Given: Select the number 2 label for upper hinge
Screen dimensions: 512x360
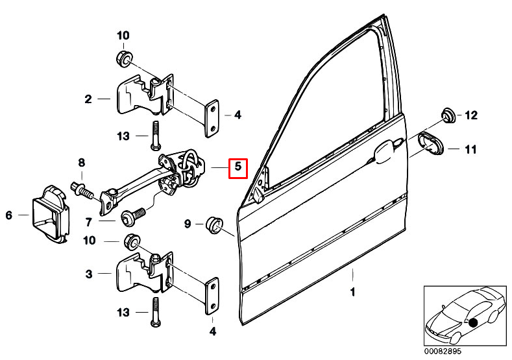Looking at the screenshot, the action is [x=88, y=99].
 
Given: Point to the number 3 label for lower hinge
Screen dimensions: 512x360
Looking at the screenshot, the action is [x=88, y=274].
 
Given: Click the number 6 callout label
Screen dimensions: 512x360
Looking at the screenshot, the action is [x=9, y=215].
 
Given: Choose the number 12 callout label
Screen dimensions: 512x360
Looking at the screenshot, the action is [x=471, y=116].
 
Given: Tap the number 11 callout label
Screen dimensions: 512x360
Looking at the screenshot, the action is [x=471, y=150].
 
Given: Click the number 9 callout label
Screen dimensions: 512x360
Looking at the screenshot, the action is [x=188, y=224].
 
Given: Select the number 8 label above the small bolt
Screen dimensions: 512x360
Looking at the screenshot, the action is [x=82, y=162].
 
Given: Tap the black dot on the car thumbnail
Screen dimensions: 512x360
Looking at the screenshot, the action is [x=473, y=322].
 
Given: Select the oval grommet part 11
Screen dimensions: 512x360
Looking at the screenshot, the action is [x=430, y=143].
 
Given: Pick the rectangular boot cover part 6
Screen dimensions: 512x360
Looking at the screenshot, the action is [x=49, y=215].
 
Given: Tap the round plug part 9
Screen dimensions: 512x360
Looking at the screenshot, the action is [x=213, y=224].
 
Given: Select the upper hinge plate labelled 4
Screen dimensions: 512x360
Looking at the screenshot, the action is [x=212, y=118].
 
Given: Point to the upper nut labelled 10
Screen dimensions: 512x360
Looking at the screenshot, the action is [x=123, y=59].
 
